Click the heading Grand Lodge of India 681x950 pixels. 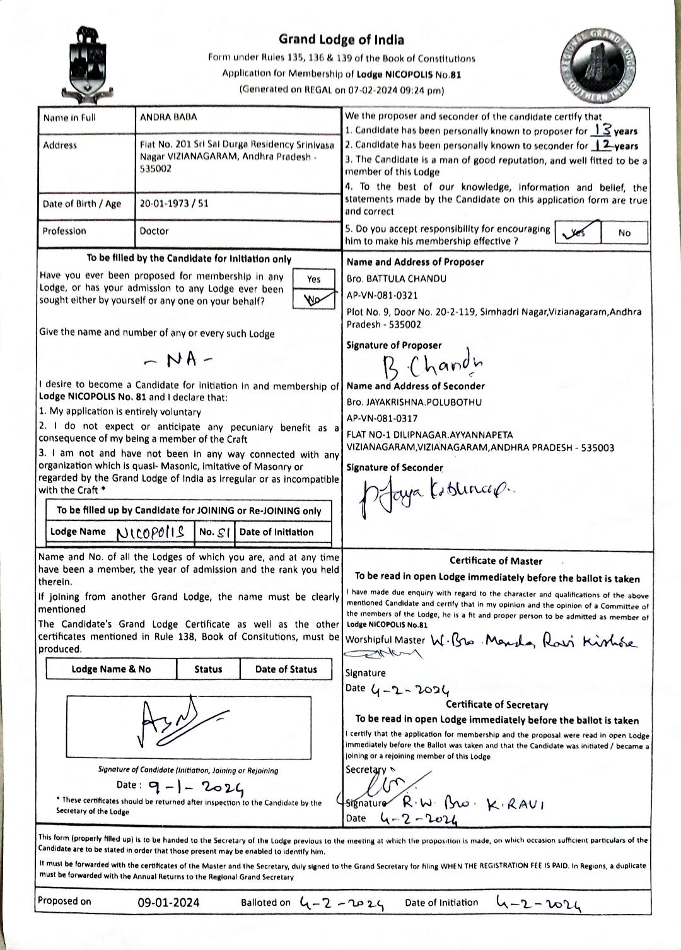[x=341, y=40]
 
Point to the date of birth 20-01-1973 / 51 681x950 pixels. [x=174, y=204]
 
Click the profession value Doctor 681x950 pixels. [x=154, y=231]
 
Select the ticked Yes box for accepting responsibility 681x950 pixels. [x=578, y=232]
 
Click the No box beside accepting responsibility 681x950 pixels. [x=624, y=232]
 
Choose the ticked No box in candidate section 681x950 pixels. [x=313, y=299]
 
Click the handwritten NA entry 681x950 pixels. [x=180, y=360]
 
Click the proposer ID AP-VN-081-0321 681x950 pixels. [x=382, y=295]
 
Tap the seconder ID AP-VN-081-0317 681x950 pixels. [x=382, y=418]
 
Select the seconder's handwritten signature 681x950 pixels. [x=435, y=496]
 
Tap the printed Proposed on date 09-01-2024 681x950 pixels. [x=168, y=903]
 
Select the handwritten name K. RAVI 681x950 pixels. [x=516, y=804]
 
